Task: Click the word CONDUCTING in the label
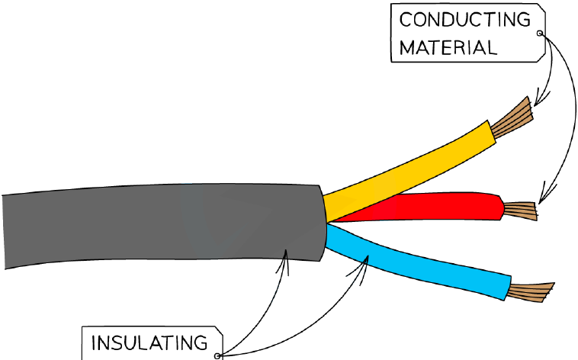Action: pos(465,20)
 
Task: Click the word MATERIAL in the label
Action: pos(448,47)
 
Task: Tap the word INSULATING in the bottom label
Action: pos(149,343)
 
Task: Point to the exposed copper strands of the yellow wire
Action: pos(512,118)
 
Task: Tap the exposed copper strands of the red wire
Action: pos(520,211)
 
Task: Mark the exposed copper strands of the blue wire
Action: pos(531,292)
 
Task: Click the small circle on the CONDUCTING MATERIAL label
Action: pos(540,34)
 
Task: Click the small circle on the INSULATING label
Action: pos(217,356)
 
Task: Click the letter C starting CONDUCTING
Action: pos(406,20)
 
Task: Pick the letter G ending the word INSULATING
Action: pos(201,343)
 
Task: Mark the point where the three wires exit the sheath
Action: pos(326,223)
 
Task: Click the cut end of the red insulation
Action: pos(502,207)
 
